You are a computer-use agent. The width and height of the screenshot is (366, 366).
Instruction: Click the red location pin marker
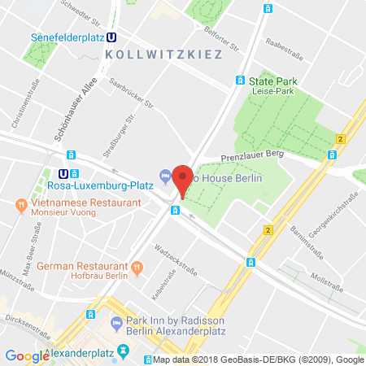pyautogui.click(x=184, y=179)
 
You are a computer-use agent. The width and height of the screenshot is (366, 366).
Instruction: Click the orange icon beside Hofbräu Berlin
pyautogui.click(x=137, y=266)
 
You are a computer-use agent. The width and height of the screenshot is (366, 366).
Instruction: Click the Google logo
pyautogui.click(x=27, y=355)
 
